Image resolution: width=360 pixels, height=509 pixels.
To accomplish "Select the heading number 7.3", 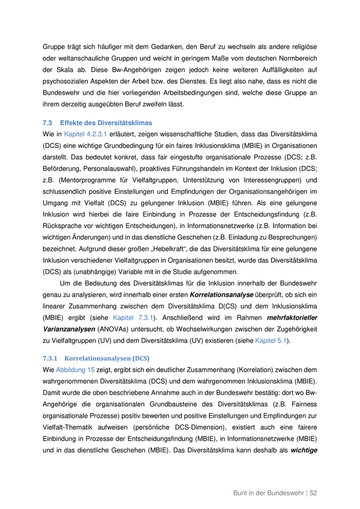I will click(x=47, y=123).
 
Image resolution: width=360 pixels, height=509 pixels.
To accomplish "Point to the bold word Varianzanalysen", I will click(x=68, y=329).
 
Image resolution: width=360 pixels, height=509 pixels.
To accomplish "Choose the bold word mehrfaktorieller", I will click(x=290, y=318).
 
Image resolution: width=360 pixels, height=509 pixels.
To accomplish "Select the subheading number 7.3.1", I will click(x=50, y=358).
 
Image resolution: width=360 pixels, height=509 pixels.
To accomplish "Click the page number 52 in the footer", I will click(x=313, y=493).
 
